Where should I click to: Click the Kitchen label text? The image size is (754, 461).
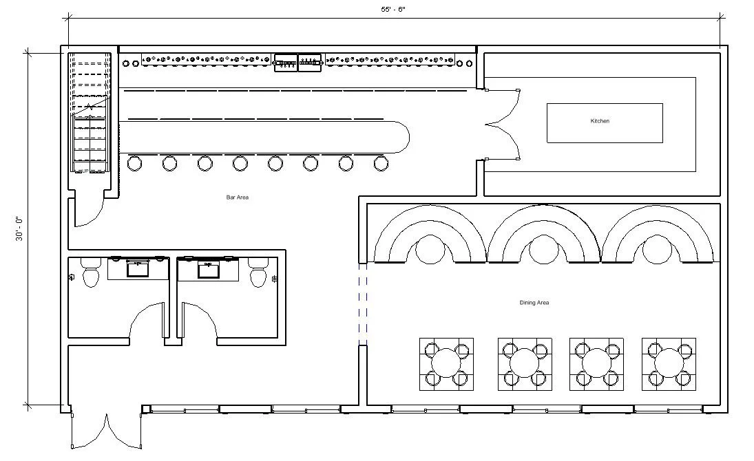pos(600,121)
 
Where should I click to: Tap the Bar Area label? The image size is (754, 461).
pos(237,197)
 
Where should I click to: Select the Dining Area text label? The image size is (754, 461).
pos(534,303)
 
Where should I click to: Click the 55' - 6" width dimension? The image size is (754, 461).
pos(395,10)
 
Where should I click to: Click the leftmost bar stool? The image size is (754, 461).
pos(134,163)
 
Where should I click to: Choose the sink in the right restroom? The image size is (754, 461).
pos(209,268)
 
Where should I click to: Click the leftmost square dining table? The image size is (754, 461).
pos(446,364)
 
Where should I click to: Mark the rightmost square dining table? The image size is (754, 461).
pos(669,364)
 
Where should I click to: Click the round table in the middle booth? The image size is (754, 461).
pos(543,250)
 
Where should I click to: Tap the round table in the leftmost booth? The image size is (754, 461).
pos(430,250)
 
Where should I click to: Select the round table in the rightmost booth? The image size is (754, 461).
pos(658,250)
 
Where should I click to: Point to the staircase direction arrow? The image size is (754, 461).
pos(89,108)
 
